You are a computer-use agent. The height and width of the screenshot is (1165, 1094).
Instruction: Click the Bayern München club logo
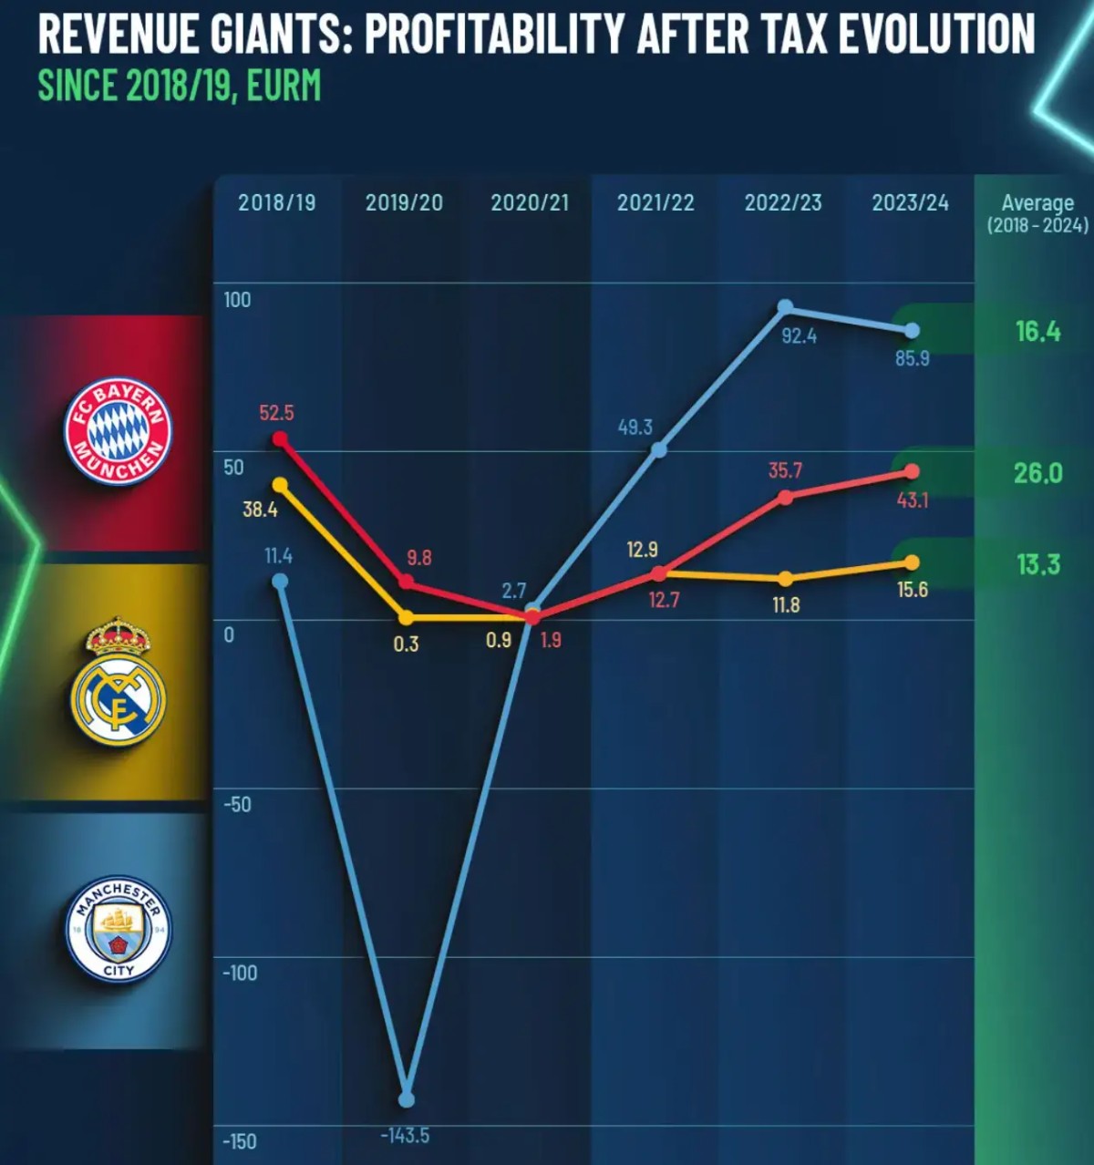click(117, 430)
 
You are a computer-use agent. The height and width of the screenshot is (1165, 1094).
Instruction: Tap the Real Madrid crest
click(118, 681)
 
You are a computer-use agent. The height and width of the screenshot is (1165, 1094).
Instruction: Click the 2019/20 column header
click(404, 202)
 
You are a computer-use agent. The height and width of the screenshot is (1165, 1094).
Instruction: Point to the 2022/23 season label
click(782, 202)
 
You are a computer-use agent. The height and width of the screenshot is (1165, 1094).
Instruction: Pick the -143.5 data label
click(405, 1136)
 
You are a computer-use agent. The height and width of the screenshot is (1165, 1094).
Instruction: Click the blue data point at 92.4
click(785, 307)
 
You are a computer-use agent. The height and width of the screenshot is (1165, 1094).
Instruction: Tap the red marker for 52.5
click(280, 439)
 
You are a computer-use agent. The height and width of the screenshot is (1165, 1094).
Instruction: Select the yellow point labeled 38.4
click(280, 485)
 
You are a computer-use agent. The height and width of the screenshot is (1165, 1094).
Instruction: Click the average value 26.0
click(1037, 473)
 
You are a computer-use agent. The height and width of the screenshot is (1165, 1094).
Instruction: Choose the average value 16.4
click(1037, 332)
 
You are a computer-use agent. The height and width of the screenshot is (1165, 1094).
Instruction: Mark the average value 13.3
click(1038, 565)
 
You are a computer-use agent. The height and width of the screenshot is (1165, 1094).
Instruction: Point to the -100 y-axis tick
click(240, 973)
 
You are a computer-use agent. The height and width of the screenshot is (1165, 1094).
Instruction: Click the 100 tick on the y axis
click(237, 300)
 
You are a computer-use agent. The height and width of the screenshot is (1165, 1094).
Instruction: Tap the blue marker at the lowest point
click(407, 1100)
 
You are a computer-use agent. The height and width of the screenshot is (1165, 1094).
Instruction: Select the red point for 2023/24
click(912, 471)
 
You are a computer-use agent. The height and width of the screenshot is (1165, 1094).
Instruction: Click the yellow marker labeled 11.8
click(786, 579)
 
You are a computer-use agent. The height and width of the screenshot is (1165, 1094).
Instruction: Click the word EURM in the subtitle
click(284, 86)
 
